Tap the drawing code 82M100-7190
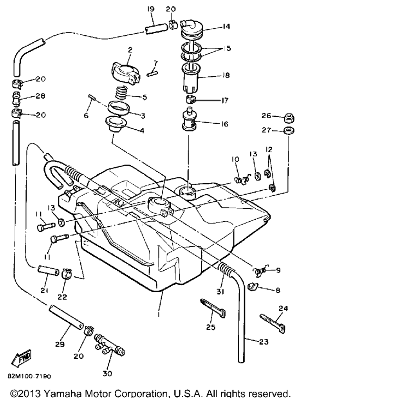(29, 376)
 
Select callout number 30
(107, 374)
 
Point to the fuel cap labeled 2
(126, 73)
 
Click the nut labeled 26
(289, 117)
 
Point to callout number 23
(264, 341)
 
